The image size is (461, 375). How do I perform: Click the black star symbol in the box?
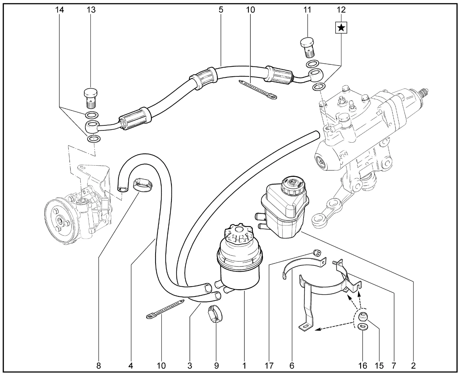coord(341,27)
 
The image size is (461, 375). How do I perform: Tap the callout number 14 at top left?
coord(59,10)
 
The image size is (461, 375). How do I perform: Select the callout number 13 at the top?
coord(91,10)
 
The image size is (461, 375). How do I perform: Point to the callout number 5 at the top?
coord(221,10)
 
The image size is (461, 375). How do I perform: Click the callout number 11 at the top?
coord(307,10)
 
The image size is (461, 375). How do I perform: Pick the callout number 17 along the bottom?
coord(269,366)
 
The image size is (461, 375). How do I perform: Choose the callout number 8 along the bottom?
coord(99,366)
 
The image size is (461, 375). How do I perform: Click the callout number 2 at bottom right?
coord(413,366)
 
